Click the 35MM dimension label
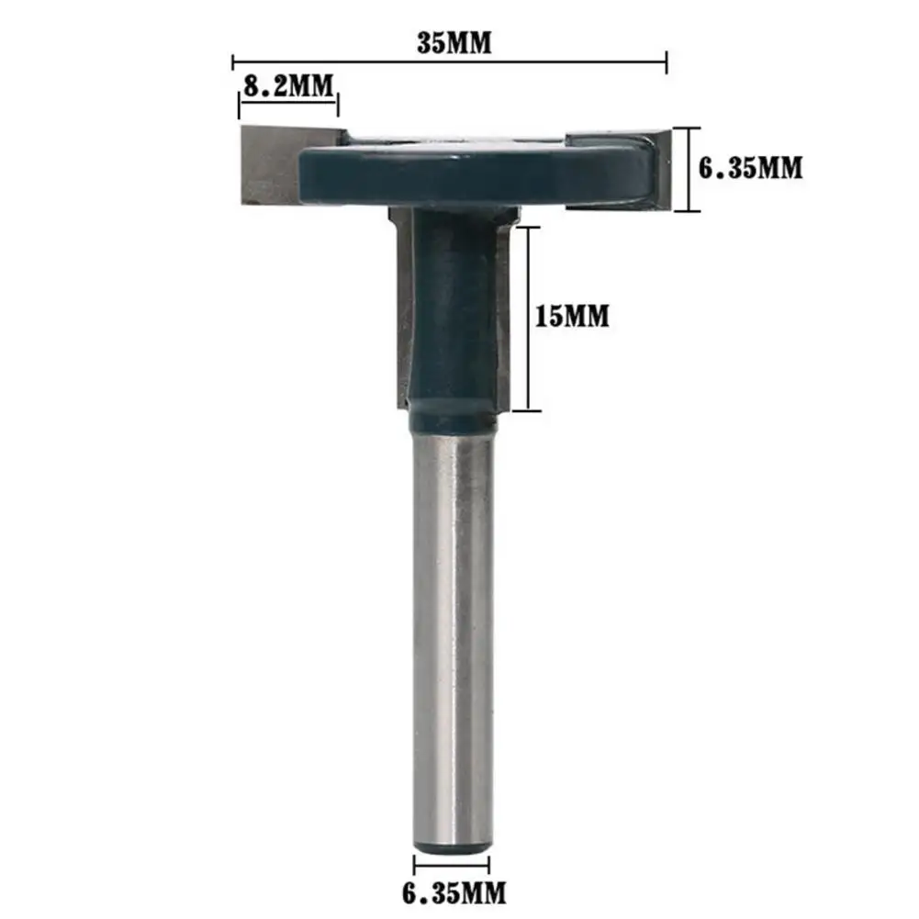pyautogui.click(x=454, y=43)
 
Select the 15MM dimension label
pyautogui.click(x=573, y=317)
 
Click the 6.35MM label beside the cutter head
pyautogui.click(x=751, y=168)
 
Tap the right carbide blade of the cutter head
pyautogui.click(x=656, y=170)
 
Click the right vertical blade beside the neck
pyautogui.click(x=502, y=303)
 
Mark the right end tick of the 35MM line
pyautogui.click(x=666, y=62)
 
